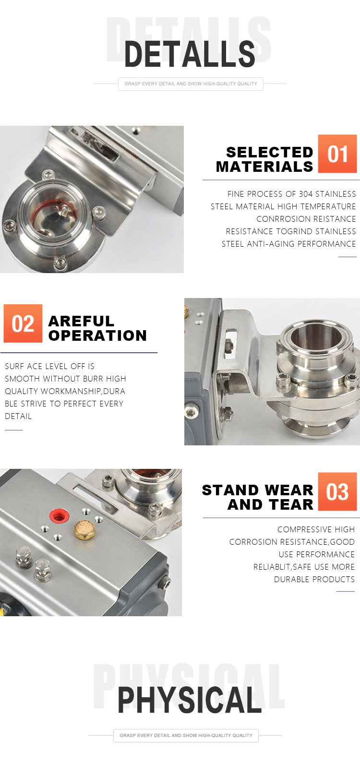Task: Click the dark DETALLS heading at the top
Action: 190,54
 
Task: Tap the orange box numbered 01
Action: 337,154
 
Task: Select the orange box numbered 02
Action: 23,323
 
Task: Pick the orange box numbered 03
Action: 337,491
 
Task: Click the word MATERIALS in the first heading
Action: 264,167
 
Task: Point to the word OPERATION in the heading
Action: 97,335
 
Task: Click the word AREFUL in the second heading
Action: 81,321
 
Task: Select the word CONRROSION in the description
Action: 281,219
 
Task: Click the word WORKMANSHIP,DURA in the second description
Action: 83,391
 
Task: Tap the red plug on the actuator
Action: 59,515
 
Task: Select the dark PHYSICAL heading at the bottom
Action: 190,700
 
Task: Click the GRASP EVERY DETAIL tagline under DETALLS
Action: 191,84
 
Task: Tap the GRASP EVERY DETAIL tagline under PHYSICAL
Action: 186,735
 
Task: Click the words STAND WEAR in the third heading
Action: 257,490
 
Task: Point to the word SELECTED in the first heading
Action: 269,152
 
